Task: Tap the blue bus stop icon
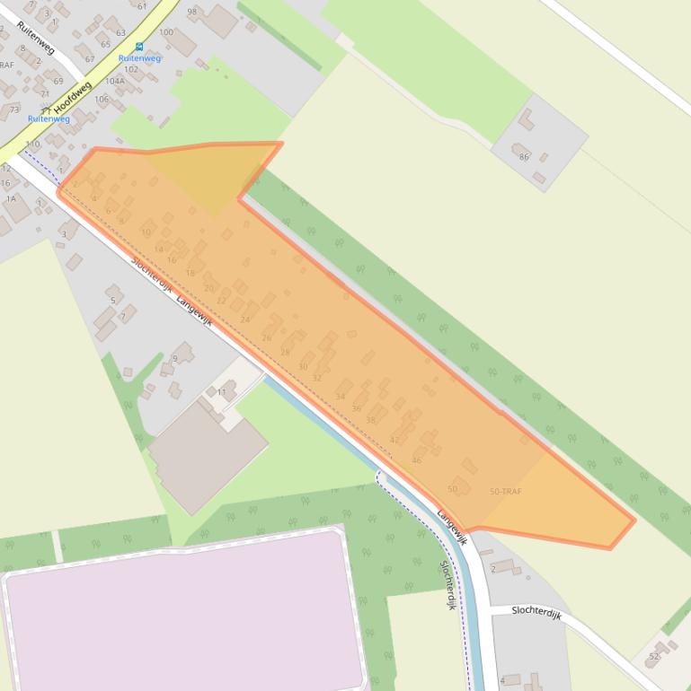[139, 47]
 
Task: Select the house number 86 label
[524, 157]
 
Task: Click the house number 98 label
[191, 12]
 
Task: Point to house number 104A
[115, 81]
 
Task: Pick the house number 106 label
[102, 99]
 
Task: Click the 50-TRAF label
[505, 492]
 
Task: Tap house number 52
[653, 657]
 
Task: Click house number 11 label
[221, 392]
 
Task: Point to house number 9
[175, 358]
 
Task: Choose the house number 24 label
[244, 319]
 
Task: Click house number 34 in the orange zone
[340, 396]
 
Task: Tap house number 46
[416, 460]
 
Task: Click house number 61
[142, 6]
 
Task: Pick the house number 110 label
[32, 144]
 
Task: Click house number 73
[13, 109]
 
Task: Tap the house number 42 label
[394, 440]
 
